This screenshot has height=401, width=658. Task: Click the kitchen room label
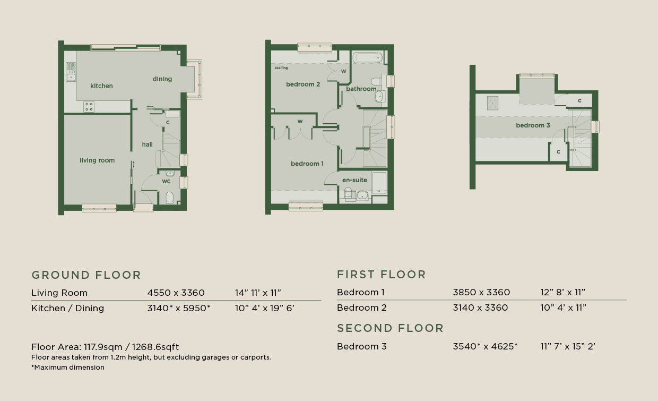[x=101, y=86]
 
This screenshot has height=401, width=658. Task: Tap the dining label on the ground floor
[x=162, y=79]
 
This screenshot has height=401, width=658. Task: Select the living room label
[x=97, y=160]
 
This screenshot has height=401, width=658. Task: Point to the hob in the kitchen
[x=89, y=106]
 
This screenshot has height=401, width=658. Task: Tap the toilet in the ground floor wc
[x=169, y=198]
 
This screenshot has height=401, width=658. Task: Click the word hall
[x=147, y=144]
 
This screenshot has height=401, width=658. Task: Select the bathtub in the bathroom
[x=367, y=57]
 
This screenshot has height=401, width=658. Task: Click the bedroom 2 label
[x=303, y=84]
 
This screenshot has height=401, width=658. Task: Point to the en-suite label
[x=354, y=180]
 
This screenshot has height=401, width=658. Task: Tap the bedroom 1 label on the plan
[x=307, y=164]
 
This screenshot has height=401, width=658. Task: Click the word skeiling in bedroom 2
[x=281, y=68]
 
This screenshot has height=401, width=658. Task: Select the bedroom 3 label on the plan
[x=533, y=125]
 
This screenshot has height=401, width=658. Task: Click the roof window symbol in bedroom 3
[x=492, y=103]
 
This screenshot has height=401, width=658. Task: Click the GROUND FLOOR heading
[x=86, y=275]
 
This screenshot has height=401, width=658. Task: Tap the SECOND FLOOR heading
[x=390, y=328]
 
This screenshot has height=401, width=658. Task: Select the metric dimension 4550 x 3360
[x=176, y=293]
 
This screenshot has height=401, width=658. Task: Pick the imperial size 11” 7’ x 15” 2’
[x=568, y=346]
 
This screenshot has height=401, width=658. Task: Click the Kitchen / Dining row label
[x=67, y=308]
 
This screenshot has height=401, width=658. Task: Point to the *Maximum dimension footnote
[x=68, y=367]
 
